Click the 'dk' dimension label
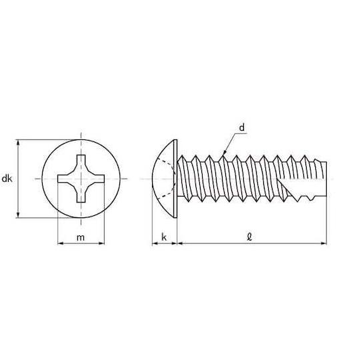7,179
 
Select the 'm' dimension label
81,237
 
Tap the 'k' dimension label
164,237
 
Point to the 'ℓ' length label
249,237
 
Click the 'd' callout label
242,127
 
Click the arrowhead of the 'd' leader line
225,152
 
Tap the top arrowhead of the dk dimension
19,143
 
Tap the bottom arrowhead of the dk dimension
19,215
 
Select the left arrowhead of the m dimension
61,243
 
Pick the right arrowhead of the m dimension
101,243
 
